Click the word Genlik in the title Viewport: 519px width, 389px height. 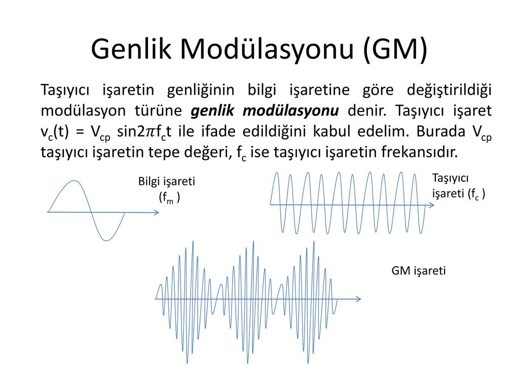(x=131, y=49)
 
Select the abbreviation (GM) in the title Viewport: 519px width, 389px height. (x=395, y=50)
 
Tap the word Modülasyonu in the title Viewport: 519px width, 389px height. (x=267, y=49)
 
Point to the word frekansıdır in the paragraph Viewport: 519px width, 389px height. (x=419, y=152)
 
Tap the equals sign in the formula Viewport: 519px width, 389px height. (x=80, y=132)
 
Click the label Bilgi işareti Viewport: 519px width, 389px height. (x=166, y=182)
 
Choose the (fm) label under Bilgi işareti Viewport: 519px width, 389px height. (x=169, y=198)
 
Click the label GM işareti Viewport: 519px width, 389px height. (x=418, y=271)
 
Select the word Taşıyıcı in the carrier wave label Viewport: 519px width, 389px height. (x=450, y=179)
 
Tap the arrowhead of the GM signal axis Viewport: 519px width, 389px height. (x=358, y=299)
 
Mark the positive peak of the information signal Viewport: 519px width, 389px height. (x=75, y=181)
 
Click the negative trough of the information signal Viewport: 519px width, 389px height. (x=106, y=240)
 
